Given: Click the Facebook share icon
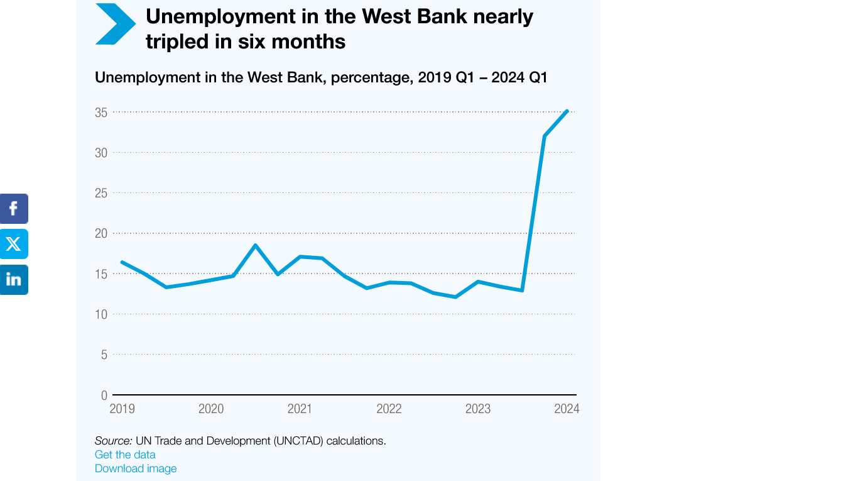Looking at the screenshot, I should (14, 209).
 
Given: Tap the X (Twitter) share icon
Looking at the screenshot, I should (14, 244).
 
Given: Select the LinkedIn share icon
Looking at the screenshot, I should (14, 279).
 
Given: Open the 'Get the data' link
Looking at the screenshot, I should (125, 455).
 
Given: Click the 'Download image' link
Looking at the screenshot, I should (136, 468).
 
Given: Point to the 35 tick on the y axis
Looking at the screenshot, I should (101, 113).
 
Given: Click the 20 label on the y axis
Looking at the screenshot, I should (101, 233).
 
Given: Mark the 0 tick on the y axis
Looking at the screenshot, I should (104, 395).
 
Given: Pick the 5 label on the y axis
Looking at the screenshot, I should (104, 355).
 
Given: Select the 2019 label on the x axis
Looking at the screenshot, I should (122, 409).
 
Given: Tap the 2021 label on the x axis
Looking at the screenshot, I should (300, 409).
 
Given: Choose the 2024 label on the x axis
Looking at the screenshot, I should (567, 409).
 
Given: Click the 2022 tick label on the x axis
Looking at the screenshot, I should (389, 409).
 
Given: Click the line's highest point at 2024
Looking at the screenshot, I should (567, 111).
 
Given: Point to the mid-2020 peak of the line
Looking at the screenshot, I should (255, 245).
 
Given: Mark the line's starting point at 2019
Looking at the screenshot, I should (122, 262).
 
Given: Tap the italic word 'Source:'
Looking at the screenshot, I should (113, 441).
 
